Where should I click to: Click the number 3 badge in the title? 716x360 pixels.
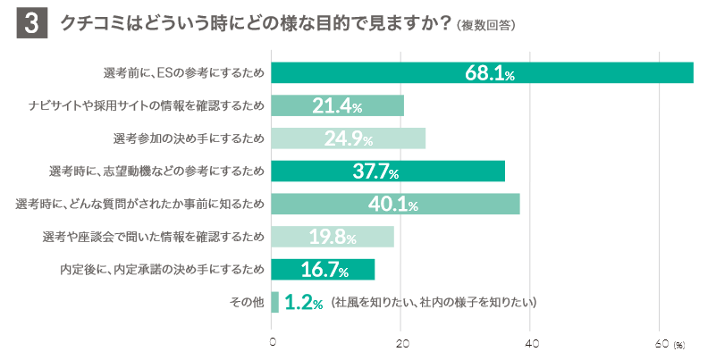(30, 25)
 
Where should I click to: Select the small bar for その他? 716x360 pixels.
(275, 302)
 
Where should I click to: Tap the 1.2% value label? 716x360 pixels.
(303, 303)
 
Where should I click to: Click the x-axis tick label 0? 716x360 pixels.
(272, 343)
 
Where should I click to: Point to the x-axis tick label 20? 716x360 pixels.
(401, 343)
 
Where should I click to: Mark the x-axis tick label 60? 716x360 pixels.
(661, 343)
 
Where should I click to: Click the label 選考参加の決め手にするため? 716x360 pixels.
(189, 139)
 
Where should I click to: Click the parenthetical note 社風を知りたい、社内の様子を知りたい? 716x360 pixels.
(434, 303)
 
